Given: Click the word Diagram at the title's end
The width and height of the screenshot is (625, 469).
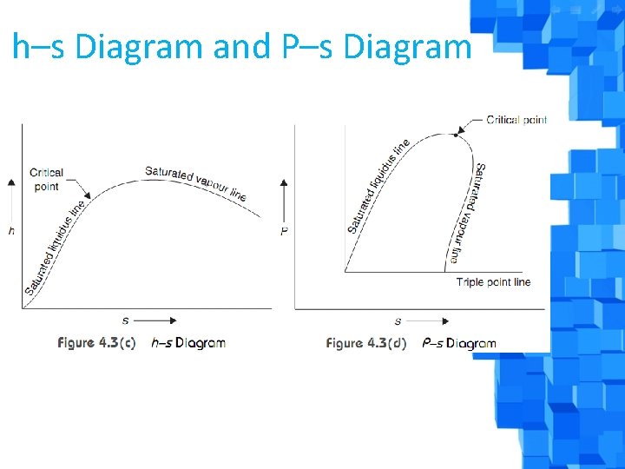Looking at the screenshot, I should point(407,46).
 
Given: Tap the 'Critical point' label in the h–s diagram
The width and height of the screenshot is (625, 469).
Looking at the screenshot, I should point(46,179).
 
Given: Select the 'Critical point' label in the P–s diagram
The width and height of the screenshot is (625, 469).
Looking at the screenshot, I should point(516,120).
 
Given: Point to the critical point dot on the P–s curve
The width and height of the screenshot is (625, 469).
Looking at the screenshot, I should point(455,135).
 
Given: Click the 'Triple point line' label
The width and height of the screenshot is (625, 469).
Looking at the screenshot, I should point(493,282).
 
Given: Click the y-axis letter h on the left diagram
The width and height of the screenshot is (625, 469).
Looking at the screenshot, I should point(11,230).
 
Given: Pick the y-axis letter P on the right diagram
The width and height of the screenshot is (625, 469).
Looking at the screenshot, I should point(284,230).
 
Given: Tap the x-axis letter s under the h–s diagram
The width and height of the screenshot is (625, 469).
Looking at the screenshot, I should point(125,320).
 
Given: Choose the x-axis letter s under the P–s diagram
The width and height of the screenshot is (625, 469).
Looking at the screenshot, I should point(398,320).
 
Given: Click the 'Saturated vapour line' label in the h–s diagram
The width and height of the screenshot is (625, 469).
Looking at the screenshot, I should point(195,182).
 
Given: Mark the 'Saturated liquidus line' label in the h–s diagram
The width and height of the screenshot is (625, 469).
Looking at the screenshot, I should point(56,248).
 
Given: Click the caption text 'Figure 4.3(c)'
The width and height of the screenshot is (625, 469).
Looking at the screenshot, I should point(96,343).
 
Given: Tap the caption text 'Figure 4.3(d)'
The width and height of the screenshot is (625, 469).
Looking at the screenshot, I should point(365,343).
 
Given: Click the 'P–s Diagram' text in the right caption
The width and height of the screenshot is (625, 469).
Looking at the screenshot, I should point(459,343).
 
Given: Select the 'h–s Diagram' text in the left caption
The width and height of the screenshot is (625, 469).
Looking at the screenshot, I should point(188,343).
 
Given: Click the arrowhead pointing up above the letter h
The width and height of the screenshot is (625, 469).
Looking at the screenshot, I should point(11,182).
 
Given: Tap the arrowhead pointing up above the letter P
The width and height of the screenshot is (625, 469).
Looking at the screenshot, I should point(284,183).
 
